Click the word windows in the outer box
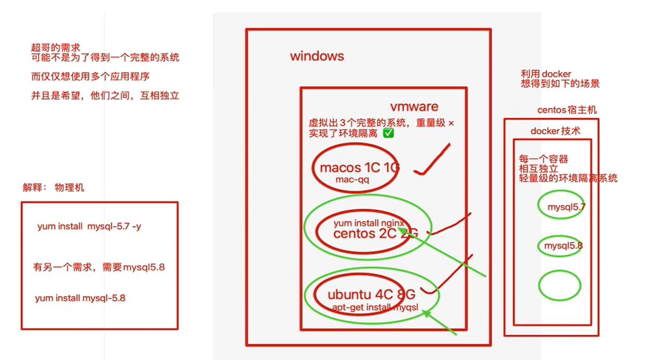click(317, 56)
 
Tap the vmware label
click(414, 107)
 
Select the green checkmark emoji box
click(388, 133)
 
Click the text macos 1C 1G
click(359, 167)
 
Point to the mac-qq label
click(353, 179)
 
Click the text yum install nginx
click(369, 223)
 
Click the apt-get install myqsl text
click(375, 307)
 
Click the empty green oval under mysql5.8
click(559, 285)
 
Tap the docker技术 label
click(555, 131)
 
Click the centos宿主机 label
click(567, 110)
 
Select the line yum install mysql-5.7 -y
click(89, 227)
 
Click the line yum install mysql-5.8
click(80, 299)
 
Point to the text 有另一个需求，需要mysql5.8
click(99, 267)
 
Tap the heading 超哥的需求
click(55, 48)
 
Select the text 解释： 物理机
click(53, 188)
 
